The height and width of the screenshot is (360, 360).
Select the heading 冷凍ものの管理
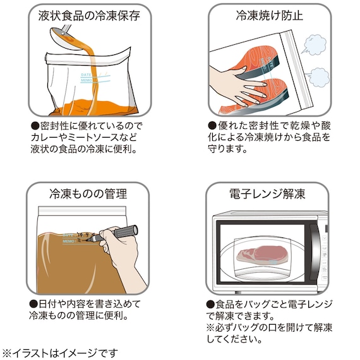(x=88, y=193)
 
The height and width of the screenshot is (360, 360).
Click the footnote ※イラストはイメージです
(x=61, y=352)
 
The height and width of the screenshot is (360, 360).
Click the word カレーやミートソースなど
(x=83, y=138)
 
